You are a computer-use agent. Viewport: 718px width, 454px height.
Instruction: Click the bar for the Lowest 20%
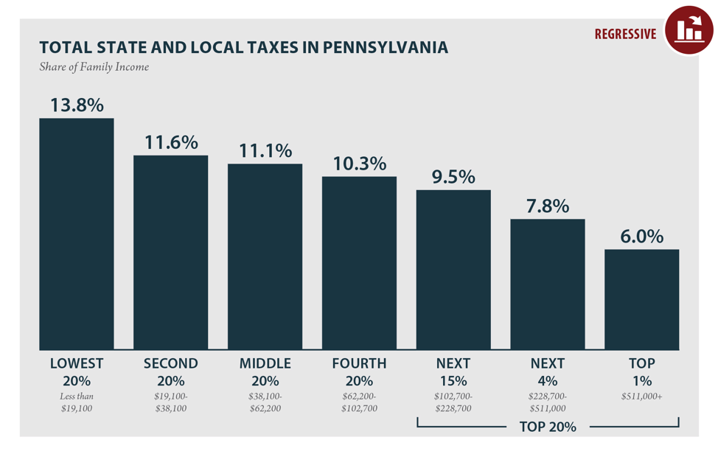(x=77, y=234)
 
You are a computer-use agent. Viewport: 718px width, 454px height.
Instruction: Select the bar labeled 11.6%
(x=170, y=252)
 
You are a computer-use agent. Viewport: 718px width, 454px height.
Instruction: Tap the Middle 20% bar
(x=265, y=256)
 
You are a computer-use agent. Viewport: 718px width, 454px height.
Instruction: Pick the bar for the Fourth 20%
(x=359, y=263)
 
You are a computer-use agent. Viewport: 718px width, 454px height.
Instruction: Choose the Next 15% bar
(x=453, y=270)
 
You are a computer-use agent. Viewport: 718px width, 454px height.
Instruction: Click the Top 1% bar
(x=642, y=299)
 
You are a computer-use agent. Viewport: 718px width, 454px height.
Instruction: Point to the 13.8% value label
(x=77, y=105)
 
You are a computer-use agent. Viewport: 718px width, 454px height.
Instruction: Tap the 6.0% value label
(x=642, y=236)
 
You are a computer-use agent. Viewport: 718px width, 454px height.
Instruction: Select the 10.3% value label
(x=359, y=163)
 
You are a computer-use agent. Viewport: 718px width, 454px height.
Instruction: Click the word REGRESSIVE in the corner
(x=625, y=34)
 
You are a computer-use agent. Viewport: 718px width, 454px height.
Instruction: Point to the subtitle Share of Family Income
(x=94, y=67)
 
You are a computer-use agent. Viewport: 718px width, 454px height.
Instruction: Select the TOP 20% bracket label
(x=548, y=427)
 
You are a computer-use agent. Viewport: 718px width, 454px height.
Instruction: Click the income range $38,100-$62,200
(x=265, y=402)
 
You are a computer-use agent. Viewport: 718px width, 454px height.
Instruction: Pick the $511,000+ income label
(x=642, y=397)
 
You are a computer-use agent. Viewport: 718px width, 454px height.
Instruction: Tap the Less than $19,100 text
(x=77, y=402)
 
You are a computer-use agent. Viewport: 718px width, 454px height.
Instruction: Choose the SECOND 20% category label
(x=170, y=372)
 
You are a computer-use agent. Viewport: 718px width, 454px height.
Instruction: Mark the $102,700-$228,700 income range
(x=453, y=402)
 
